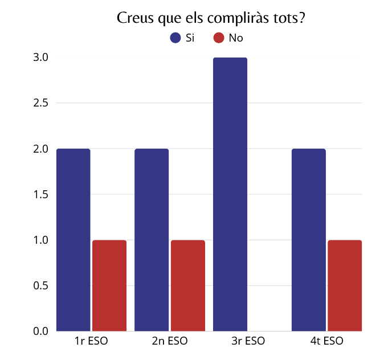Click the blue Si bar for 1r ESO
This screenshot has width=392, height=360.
[x=73, y=239]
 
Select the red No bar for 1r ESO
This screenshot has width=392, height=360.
[x=109, y=285]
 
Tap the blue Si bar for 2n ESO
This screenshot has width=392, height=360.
[x=152, y=239]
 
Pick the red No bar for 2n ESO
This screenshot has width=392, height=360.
[x=187, y=285]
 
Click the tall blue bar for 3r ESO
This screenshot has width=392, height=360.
[x=230, y=194]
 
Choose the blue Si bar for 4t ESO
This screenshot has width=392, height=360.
[x=308, y=239]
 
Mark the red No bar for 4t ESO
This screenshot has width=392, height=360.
[x=345, y=285]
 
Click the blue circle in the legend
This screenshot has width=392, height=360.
[x=176, y=38]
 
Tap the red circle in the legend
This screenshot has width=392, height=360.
[x=218, y=38]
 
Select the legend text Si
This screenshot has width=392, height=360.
[x=190, y=38]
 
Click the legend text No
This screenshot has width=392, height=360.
[x=235, y=38]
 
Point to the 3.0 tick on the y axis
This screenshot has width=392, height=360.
[x=40, y=58]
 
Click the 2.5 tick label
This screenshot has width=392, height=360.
[x=40, y=103]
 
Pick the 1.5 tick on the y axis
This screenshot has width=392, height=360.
[x=40, y=194]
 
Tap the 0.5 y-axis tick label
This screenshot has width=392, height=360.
[x=40, y=285]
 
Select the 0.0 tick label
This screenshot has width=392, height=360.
[x=40, y=331]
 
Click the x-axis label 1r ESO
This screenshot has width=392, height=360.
[x=91, y=342]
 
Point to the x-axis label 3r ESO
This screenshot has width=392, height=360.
[x=248, y=342]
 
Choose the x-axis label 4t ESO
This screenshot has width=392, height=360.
[x=326, y=342]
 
